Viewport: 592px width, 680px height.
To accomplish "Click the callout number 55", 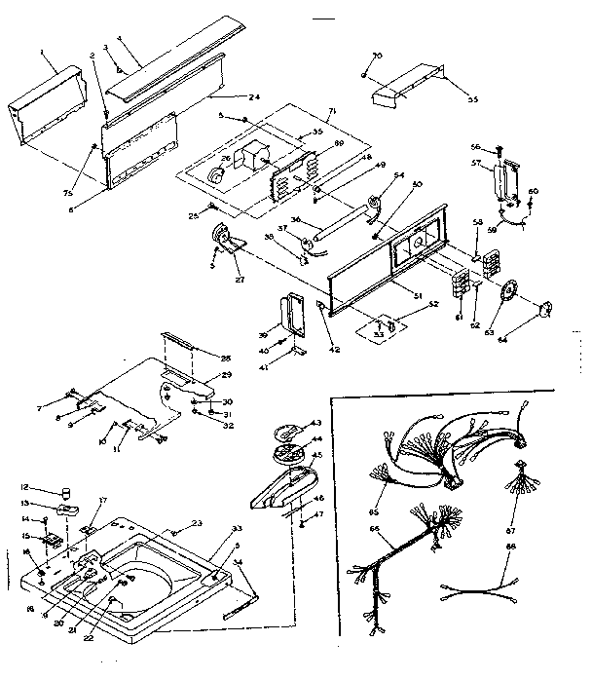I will point(474,100).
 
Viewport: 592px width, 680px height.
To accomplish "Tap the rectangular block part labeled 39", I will point(291,313).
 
